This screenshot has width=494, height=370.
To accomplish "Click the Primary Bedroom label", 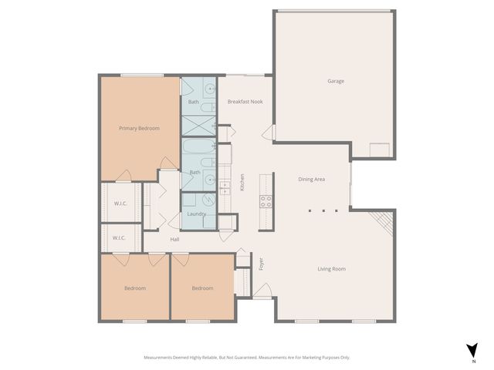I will click(x=139, y=128).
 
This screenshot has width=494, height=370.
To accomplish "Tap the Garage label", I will click(x=335, y=81).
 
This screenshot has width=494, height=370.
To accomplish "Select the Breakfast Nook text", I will click(x=245, y=102).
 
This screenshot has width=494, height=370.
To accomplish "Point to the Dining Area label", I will click(x=311, y=179).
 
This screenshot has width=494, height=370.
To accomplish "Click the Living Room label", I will click(x=331, y=269).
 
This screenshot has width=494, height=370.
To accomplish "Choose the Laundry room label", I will click(x=197, y=214).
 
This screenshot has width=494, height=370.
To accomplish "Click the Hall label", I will click(x=175, y=239).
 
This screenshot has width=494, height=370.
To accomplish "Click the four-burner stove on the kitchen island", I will click(x=266, y=202).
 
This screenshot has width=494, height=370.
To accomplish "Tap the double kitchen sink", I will click(x=225, y=186).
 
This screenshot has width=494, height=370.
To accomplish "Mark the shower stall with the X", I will click(x=198, y=125).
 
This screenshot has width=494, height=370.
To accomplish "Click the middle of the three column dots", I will click(x=323, y=210).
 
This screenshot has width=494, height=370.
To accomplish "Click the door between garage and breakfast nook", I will click(x=269, y=133).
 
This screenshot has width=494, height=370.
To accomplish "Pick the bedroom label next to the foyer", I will click(x=202, y=288).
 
